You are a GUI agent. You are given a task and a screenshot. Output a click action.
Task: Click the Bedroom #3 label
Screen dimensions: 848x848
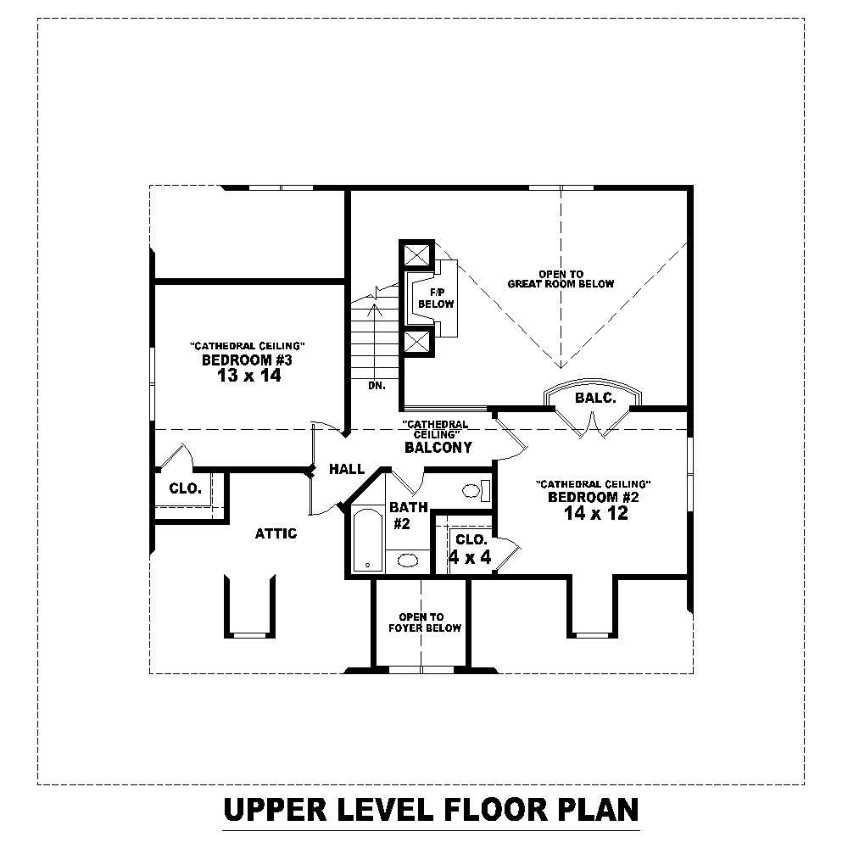click(247, 360)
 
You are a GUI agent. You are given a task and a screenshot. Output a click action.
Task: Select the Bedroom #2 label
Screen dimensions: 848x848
click(593, 497)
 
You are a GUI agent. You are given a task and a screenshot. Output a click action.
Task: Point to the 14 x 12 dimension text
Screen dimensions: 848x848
click(594, 513)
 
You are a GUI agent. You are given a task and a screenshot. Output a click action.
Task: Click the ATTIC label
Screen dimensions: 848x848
click(276, 533)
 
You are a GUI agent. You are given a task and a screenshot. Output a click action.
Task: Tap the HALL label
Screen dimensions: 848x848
click(347, 469)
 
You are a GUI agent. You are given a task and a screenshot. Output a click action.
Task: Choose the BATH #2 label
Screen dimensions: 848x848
click(401, 516)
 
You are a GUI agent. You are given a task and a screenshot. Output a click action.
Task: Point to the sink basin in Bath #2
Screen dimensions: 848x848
click(408, 560)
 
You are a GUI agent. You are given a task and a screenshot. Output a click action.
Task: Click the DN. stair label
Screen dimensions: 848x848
click(377, 385)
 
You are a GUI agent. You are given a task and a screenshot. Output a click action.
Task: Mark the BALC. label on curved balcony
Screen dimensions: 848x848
click(594, 398)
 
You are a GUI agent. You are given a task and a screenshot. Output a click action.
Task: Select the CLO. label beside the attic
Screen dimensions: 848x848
click(185, 488)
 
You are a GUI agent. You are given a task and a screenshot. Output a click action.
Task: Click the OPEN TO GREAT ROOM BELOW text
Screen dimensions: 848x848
click(561, 279)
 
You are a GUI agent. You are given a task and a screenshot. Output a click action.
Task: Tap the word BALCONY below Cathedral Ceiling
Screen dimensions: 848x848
click(438, 447)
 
